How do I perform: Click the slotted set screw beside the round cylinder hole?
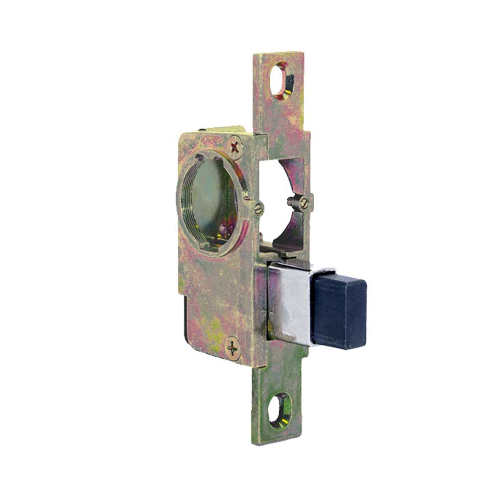pos(257,209)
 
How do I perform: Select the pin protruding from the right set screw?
pos(292,201)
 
